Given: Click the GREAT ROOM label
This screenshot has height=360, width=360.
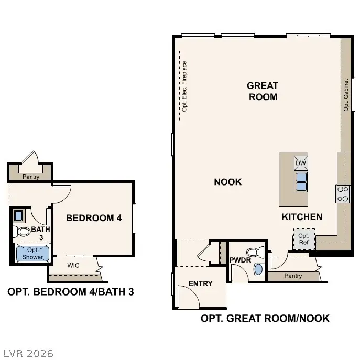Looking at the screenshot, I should [263, 91].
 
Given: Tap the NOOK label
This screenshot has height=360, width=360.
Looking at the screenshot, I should [228, 182].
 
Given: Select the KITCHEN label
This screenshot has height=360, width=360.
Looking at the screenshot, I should [302, 217].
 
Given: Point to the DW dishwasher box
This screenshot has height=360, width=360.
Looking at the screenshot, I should [301, 163].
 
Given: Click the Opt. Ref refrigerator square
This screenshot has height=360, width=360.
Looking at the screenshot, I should [303, 239].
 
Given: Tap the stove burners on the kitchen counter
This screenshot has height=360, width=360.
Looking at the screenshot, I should [343, 194].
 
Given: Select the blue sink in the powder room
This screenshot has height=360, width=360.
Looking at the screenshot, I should [258, 269].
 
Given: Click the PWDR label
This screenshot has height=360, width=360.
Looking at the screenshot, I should [241, 260].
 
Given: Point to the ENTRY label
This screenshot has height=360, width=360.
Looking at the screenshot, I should [201, 283].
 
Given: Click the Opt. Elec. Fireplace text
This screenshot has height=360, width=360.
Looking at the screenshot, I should [184, 86].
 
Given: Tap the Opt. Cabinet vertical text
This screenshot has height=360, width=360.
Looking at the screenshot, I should [346, 95].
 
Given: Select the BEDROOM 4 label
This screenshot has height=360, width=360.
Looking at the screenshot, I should [94, 217].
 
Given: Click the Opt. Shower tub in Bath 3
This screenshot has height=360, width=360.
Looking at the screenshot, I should [32, 254].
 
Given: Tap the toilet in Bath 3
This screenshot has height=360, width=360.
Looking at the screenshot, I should [23, 231].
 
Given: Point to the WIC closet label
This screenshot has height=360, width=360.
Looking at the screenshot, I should [74, 265].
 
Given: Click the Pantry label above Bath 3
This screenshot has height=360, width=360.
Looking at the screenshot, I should [31, 177].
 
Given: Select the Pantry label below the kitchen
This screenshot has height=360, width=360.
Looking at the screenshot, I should [293, 276].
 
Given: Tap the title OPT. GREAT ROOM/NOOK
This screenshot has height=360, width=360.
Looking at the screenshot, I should [265, 318].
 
